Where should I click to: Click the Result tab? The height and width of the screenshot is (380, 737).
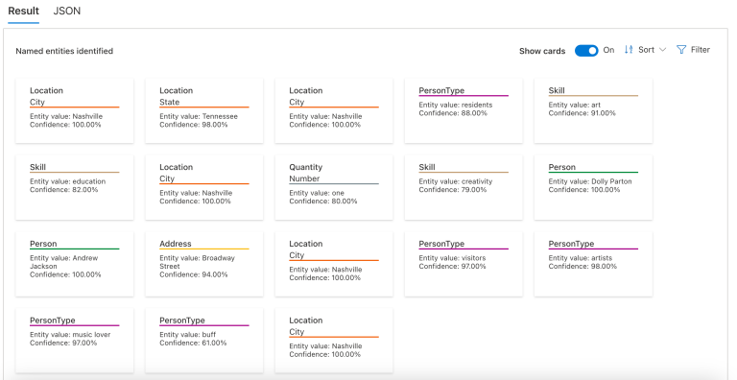(23, 10)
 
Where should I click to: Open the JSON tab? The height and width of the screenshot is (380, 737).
(67, 10)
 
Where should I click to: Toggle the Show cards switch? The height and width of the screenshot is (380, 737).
(586, 50)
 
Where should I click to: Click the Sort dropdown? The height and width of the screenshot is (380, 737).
(645, 50)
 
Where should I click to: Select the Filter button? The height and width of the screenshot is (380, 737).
(693, 50)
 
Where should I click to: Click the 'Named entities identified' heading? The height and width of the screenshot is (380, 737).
(64, 51)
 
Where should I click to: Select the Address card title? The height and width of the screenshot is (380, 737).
(176, 244)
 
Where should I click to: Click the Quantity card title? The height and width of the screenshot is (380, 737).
(306, 167)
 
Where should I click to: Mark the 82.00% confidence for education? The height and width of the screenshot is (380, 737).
(64, 189)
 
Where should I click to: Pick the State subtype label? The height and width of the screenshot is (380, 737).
(170, 102)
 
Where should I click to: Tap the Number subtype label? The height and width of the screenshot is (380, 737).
(306, 178)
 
